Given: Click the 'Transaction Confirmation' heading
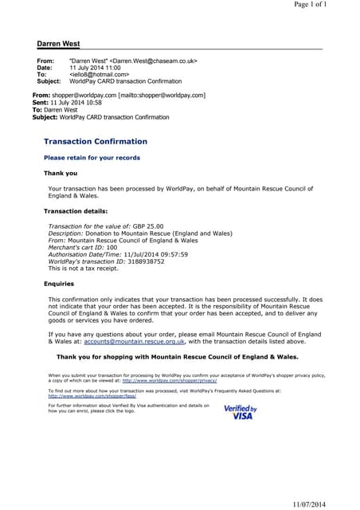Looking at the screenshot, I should pyautogui.click(x=95, y=141).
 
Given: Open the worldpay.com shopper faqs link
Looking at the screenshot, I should pyautogui.click(x=92, y=396).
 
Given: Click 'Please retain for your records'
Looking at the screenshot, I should pyautogui.click(x=92, y=158).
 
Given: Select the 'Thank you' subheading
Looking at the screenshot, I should pyautogui.click(x=61, y=173).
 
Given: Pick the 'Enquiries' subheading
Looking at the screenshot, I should pyautogui.click(x=59, y=283).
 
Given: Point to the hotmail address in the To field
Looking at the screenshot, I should pyautogui.click(x=99, y=74).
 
